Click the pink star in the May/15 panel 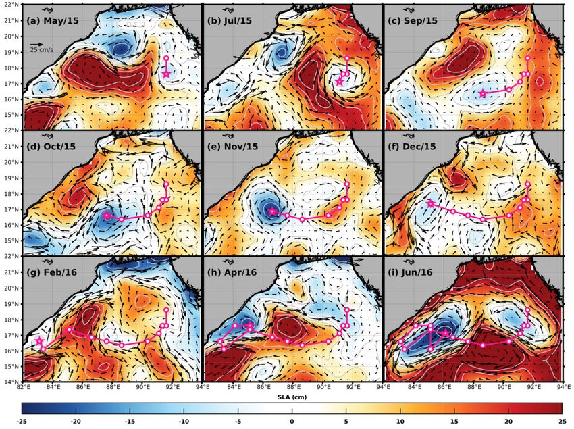click(167, 74)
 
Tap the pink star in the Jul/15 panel click(340, 81)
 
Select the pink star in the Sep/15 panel click(483, 93)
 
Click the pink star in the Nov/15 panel click(273, 211)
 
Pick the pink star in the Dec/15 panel click(430, 203)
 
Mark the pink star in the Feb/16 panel click(39, 342)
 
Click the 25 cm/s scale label click(42, 49)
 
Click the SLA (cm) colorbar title click(292, 397)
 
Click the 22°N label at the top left click(11, 5)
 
